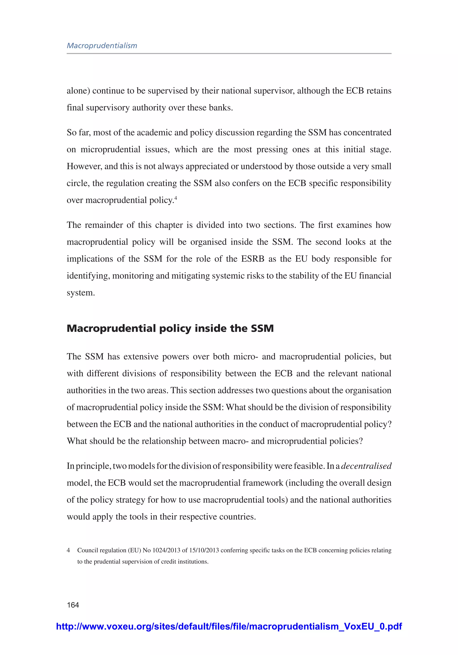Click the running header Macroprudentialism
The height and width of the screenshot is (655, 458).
pyautogui.click(x=102, y=46)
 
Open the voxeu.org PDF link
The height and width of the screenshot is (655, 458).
pyautogui.click(x=229, y=626)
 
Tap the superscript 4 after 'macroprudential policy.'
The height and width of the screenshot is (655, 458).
pyautogui.click(x=176, y=198)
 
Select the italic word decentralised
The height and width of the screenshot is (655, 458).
pyautogui.click(x=366, y=466)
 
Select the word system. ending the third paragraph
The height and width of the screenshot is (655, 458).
pyautogui.click(x=81, y=293)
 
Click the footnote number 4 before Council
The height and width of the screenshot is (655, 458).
pyautogui.click(x=68, y=550)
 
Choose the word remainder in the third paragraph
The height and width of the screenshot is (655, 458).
pyautogui.click(x=103, y=225)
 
